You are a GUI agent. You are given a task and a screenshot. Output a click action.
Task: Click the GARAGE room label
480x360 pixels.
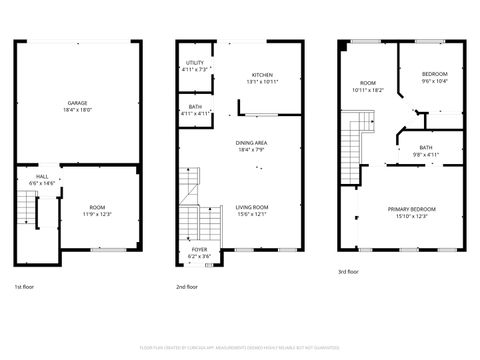[76, 103]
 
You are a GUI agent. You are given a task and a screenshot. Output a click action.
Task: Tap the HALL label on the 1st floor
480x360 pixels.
[42, 176]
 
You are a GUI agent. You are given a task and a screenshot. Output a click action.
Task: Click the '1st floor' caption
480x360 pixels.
[27, 287]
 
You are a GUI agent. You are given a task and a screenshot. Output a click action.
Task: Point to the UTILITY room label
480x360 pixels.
[194, 63]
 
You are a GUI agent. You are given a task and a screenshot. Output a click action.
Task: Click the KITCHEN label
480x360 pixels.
[262, 75]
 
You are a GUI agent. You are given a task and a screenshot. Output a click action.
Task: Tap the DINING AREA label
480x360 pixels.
[251, 143]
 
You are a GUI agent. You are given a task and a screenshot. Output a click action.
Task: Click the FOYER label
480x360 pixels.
[200, 249]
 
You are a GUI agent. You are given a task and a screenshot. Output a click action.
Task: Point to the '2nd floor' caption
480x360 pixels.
[187, 287]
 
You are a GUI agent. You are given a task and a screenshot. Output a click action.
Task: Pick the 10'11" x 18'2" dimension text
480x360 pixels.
[368, 90]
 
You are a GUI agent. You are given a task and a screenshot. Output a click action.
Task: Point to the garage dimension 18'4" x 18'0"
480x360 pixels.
[76, 110]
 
